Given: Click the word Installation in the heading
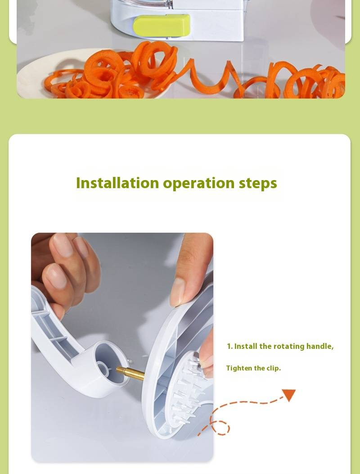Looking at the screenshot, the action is click(x=117, y=183).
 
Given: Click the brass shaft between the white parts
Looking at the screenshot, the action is click(x=130, y=373).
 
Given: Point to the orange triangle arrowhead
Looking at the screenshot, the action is click(x=288, y=395).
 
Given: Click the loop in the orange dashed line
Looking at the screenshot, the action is click(x=220, y=427).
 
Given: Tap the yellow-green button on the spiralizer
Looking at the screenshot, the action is click(x=162, y=25).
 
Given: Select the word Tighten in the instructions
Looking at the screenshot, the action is click(x=239, y=368).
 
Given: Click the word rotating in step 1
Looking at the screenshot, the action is click(x=288, y=347).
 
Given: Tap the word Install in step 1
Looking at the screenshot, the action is click(x=246, y=347).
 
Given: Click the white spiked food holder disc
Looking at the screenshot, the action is click(x=190, y=390).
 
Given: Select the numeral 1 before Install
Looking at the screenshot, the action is click(x=229, y=347).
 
